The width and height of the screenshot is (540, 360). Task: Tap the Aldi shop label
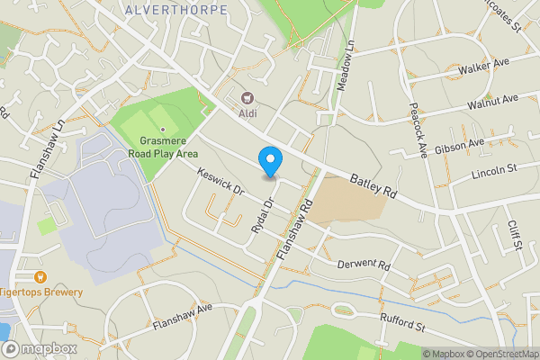247,112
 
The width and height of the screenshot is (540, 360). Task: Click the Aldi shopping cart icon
248,97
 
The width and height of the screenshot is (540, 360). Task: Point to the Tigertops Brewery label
41,292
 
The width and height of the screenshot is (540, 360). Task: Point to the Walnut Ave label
493,101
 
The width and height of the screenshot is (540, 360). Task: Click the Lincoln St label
494,169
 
